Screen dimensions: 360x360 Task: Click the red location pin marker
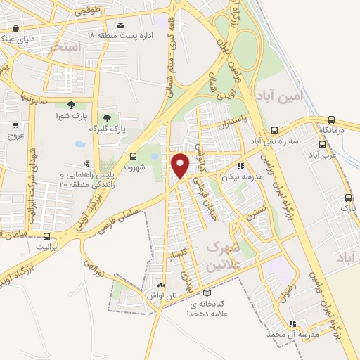(180, 165)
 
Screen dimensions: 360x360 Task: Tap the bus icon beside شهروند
(133, 156)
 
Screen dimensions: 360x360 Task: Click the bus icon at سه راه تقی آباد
(274, 130)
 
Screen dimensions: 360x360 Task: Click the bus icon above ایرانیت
(46, 236)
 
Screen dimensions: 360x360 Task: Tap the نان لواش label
(162, 295)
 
